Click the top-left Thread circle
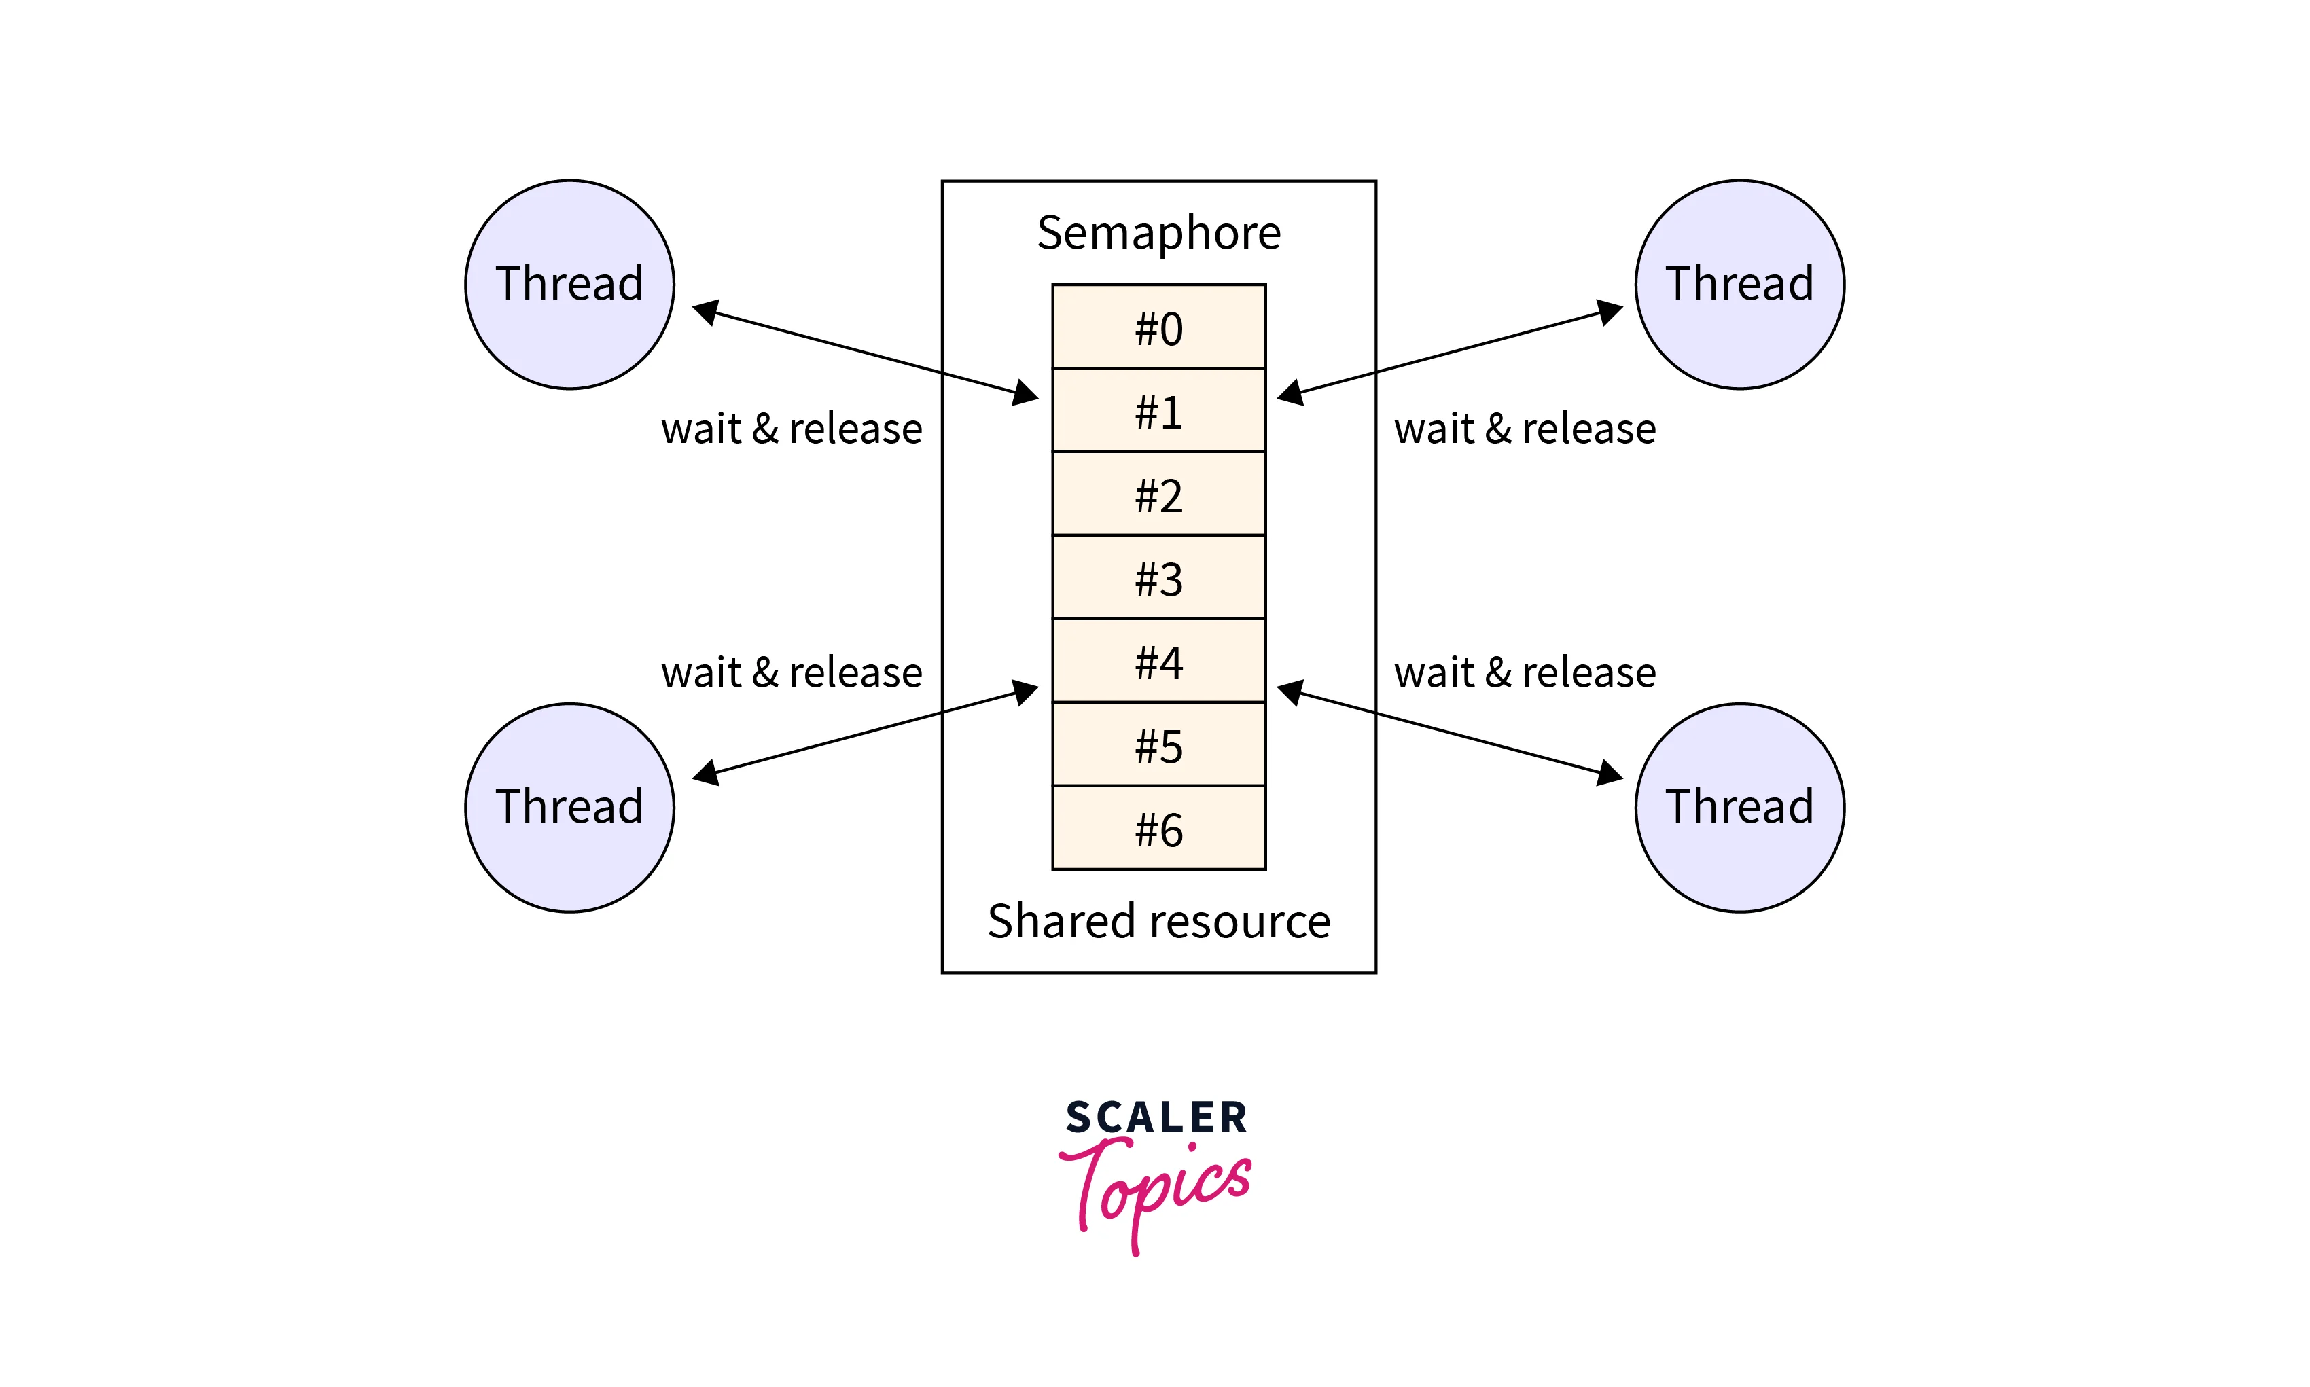[569, 284]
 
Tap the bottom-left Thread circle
[569, 808]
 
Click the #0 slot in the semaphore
[1158, 327]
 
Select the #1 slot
[1158, 410]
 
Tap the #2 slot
[1158, 494]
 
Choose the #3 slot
[1158, 577]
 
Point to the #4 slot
[1158, 661]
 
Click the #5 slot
[1158, 745]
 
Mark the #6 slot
[1158, 828]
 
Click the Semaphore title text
[1158, 233]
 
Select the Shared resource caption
[1158, 922]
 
